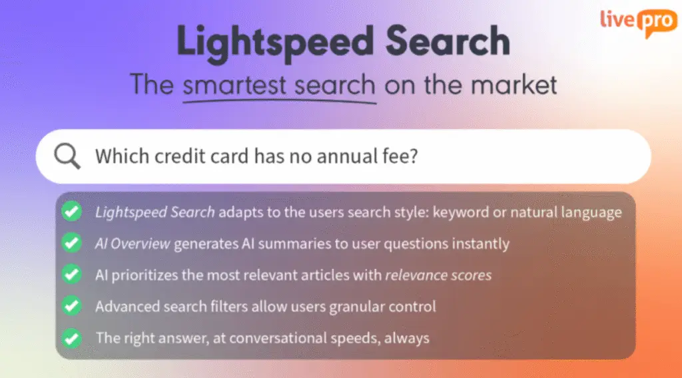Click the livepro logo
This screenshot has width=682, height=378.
tap(639, 23)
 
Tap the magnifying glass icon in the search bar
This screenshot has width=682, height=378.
tap(67, 156)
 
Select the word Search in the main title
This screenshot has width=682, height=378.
tap(448, 41)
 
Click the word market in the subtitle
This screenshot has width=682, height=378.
tap(514, 85)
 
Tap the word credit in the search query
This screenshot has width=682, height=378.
tap(180, 156)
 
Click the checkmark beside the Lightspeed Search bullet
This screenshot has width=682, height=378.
tap(72, 212)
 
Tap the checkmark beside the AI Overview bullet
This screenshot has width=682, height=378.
tap(72, 243)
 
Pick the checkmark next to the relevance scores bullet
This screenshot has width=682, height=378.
tap(72, 275)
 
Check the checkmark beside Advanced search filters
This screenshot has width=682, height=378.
tap(72, 306)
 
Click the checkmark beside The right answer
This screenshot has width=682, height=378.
tap(72, 338)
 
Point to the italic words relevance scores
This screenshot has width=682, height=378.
tap(438, 275)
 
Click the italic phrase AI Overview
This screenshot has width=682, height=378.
tap(133, 244)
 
